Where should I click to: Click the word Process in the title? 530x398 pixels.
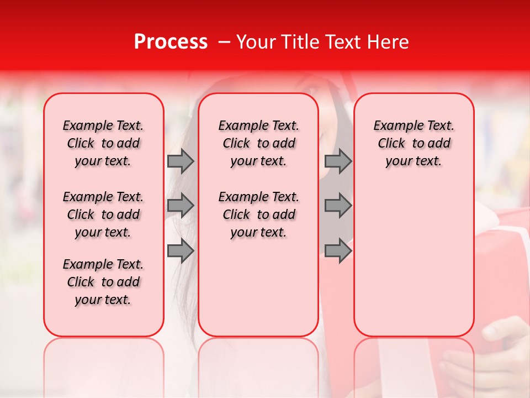[x=171, y=42]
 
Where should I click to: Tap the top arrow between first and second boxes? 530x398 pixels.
[x=180, y=161]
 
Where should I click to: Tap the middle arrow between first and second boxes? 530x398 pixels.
[x=180, y=206]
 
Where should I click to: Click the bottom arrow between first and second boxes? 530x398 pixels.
[x=180, y=252]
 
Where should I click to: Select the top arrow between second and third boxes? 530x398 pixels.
[x=338, y=161]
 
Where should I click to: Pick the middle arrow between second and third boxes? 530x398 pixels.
[x=338, y=206]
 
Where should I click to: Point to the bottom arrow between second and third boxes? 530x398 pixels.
[x=338, y=252]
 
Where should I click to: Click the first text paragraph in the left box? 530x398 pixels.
[x=103, y=143]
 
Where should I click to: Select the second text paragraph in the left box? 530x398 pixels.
[x=103, y=214]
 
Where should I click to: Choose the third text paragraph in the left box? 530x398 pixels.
[x=103, y=282]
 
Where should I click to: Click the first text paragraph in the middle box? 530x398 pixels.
[x=258, y=143]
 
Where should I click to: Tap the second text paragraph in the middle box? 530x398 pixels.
[x=258, y=214]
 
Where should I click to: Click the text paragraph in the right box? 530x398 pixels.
[x=414, y=143]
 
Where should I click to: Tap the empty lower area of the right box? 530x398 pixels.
[x=414, y=260]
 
